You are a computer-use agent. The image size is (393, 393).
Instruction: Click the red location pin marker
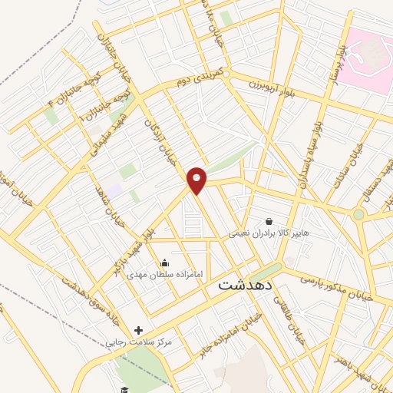coord(197,180)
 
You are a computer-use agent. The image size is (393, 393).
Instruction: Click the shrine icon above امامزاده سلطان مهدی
coord(163,263)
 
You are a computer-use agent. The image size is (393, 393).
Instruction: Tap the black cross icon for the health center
coord(138,330)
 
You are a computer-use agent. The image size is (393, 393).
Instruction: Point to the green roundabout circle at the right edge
coord(358,215)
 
